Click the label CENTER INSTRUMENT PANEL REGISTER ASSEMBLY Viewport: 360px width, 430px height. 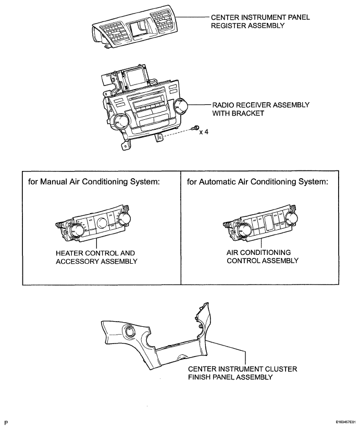(260, 21)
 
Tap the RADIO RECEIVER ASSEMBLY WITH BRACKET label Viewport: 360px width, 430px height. (260, 109)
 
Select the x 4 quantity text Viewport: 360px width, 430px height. (204, 132)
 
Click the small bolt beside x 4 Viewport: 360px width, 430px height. (195, 127)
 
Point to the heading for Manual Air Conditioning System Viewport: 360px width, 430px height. (94, 181)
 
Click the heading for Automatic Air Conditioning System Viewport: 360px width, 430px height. (257, 181)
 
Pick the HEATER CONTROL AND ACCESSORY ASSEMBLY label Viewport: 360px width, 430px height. (96, 257)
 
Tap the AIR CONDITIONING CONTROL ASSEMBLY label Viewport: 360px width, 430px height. (263, 256)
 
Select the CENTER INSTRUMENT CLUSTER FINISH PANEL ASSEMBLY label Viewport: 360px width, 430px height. (242, 373)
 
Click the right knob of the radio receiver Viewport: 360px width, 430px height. (181, 106)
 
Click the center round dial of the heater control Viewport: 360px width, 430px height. (101, 222)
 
